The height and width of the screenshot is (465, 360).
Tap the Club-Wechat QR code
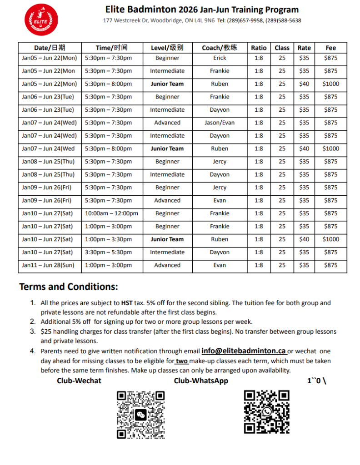coord(141,415)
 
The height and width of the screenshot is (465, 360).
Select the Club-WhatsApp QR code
coord(266,412)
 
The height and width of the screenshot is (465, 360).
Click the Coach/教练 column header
coord(220,48)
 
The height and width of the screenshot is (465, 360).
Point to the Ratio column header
coord(259,48)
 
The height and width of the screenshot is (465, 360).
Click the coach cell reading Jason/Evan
coord(220,123)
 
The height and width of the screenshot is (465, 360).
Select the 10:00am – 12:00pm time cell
coord(112,213)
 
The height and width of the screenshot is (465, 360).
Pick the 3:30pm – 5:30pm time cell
coord(109,252)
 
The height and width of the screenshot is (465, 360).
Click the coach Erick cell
coord(220,58)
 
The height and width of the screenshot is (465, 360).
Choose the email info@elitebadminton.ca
coord(244,351)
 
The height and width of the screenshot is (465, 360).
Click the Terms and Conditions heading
coord(69,287)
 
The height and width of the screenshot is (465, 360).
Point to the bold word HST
coord(127,303)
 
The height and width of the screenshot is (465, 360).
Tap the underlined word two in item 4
coord(182,361)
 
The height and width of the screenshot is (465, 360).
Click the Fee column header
coord(330,48)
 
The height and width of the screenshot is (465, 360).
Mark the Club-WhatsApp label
coord(201,381)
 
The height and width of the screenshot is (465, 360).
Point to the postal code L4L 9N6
coord(205,20)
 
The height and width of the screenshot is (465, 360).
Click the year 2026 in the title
coord(195,10)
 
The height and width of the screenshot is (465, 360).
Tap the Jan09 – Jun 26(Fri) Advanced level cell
coord(167,200)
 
